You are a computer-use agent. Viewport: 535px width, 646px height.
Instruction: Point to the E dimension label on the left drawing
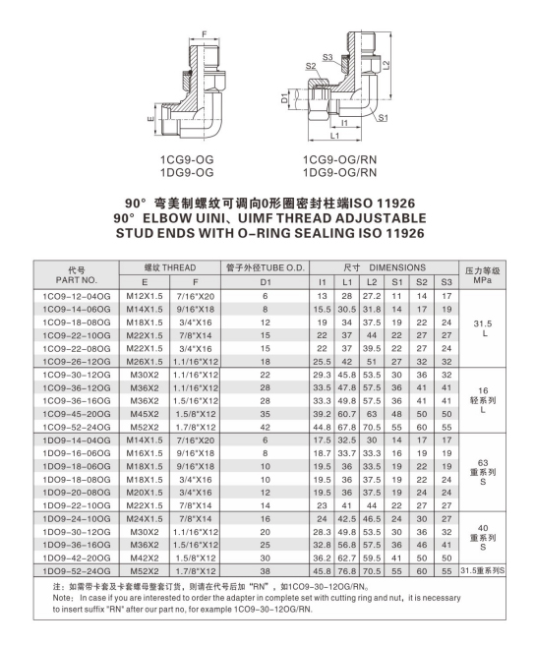[x=150, y=121]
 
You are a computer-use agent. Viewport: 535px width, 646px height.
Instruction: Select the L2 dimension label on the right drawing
[x=389, y=64]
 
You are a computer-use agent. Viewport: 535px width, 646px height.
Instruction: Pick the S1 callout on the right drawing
[x=383, y=117]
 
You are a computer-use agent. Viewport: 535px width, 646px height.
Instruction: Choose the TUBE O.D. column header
[x=265, y=267]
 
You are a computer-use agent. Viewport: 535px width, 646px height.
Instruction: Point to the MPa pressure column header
[x=482, y=281]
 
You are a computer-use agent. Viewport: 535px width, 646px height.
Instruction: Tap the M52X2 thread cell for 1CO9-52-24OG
[x=146, y=427]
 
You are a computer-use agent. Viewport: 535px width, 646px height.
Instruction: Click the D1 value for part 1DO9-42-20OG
[x=265, y=557]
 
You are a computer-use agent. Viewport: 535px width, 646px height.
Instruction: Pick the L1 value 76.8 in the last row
[x=346, y=570]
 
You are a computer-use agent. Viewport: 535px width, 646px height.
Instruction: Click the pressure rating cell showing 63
[x=482, y=462]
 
